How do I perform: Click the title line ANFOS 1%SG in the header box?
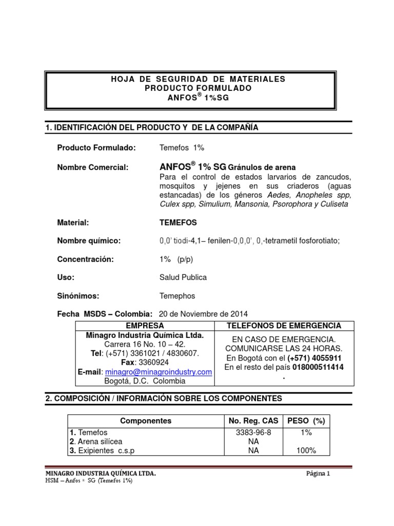[x=190, y=99]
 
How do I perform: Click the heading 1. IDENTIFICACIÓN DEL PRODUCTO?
[x=152, y=127]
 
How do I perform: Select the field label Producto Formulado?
[x=96, y=148]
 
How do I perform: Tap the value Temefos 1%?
[x=182, y=148]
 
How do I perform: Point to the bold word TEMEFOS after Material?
[x=178, y=222]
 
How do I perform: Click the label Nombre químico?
[x=89, y=241]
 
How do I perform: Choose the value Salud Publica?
[x=183, y=277]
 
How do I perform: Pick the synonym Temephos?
[x=178, y=296]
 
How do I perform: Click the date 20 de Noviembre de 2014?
[x=204, y=314]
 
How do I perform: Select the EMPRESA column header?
[x=145, y=326]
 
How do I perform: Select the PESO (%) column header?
[x=306, y=421]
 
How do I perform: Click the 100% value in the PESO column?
[x=306, y=450]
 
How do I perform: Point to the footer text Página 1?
[x=317, y=474]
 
